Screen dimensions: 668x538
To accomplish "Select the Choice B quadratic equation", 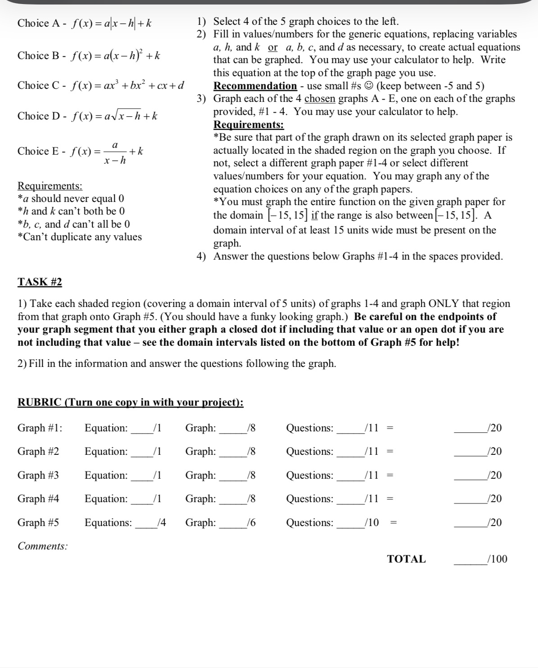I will pyautogui.click(x=116, y=55).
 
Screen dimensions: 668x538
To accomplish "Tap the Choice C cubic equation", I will pyautogui.click(x=127, y=85).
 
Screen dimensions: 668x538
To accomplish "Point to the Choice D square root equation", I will pyautogui.click(x=114, y=116).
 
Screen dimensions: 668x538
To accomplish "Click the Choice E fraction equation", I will pyautogui.click(x=107, y=151).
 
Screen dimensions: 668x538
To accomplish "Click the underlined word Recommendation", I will pyautogui.click(x=255, y=86).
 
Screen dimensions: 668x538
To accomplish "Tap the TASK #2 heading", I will pyautogui.click(x=40, y=282).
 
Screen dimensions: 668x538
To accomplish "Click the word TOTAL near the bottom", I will pyautogui.click(x=406, y=559).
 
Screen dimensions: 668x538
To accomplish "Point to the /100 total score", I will pyautogui.click(x=497, y=559).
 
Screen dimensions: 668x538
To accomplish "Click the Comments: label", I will pyautogui.click(x=43, y=546).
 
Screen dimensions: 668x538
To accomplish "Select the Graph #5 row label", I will pyautogui.click(x=38, y=522).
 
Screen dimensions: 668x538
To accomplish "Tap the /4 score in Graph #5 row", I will pyautogui.click(x=161, y=522).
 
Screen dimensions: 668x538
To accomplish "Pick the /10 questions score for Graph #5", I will pyautogui.click(x=372, y=522).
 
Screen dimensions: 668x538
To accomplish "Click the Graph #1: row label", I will pyautogui.click(x=40, y=428).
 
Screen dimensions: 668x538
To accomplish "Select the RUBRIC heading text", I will pyautogui.click(x=131, y=402).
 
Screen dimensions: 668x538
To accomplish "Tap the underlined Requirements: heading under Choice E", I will pyautogui.click(x=50, y=186).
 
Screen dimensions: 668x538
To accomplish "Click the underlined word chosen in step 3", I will pyautogui.click(x=320, y=98).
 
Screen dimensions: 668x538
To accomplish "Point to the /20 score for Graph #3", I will pyautogui.click(x=494, y=475).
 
